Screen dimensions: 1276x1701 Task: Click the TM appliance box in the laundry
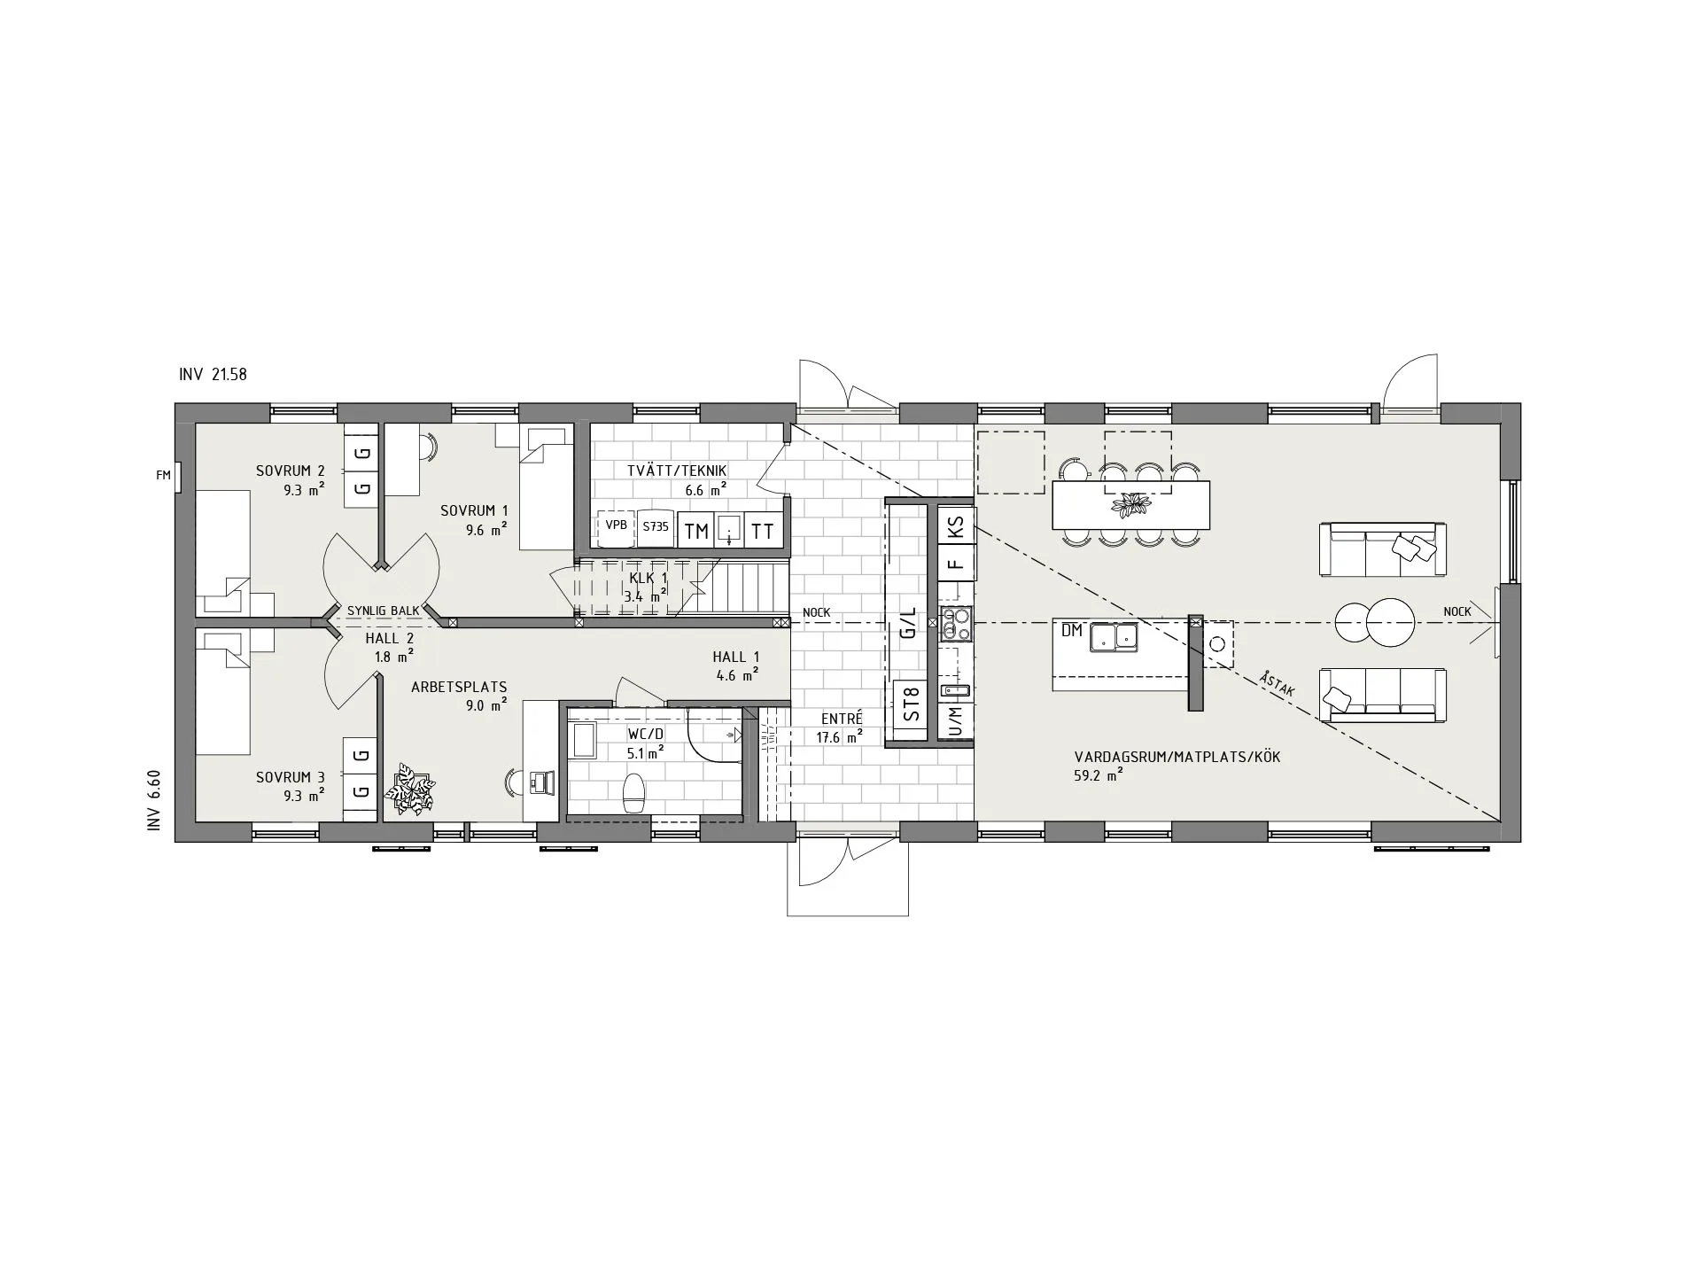pyautogui.click(x=696, y=531)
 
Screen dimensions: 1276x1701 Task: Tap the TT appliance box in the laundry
pyautogui.click(x=763, y=531)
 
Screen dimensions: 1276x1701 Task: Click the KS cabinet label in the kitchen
pyautogui.click(x=955, y=528)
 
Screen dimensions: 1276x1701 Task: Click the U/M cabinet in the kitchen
pyautogui.click(x=955, y=721)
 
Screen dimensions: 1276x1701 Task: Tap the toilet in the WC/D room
pyautogui.click(x=634, y=792)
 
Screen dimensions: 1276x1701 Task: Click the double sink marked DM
pyautogui.click(x=1115, y=637)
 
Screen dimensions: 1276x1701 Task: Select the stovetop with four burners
pyautogui.click(x=956, y=624)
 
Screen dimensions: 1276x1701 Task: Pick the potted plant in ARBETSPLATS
pyautogui.click(x=410, y=788)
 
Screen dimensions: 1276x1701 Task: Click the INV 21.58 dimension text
pyautogui.click(x=213, y=375)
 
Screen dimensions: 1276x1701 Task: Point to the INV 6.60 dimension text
pyautogui.click(x=155, y=800)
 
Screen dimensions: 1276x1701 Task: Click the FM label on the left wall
pyautogui.click(x=163, y=476)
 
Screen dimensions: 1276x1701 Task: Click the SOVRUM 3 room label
pyautogui.click(x=290, y=778)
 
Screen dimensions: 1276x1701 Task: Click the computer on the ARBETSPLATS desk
pyautogui.click(x=541, y=782)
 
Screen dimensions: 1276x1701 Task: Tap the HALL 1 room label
pyautogui.click(x=735, y=657)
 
